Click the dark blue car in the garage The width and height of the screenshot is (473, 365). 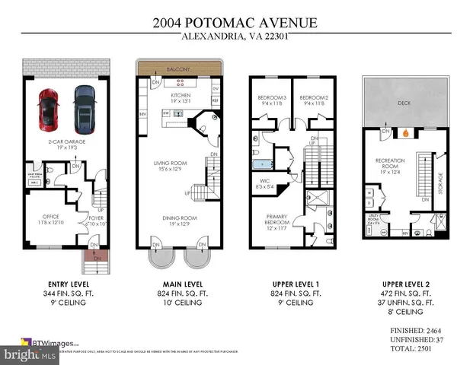pos(83,107)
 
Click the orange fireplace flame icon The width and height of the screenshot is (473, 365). pos(407,131)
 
